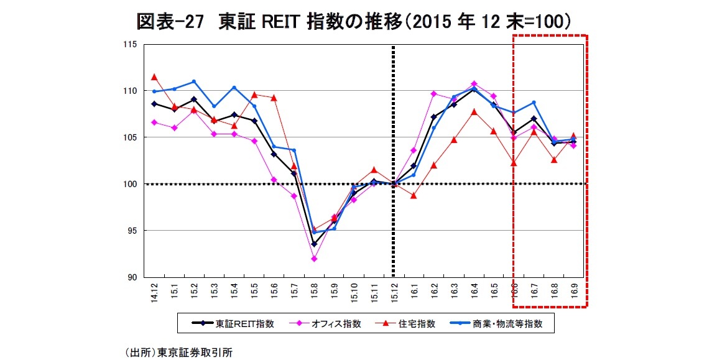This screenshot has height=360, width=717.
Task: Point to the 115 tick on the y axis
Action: click(x=129, y=44)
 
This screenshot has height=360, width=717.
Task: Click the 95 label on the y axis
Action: click(x=131, y=231)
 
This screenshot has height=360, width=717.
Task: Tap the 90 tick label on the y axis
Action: click(x=131, y=277)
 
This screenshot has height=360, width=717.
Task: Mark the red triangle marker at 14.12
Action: click(x=154, y=76)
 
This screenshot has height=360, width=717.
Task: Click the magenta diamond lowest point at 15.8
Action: click(x=314, y=259)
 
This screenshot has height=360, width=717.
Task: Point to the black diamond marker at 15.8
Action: click(x=314, y=244)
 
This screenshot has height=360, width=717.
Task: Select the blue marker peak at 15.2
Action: click(x=194, y=81)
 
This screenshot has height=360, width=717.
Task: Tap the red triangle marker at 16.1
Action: click(x=414, y=196)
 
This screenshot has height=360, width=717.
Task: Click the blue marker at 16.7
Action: click(x=534, y=103)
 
